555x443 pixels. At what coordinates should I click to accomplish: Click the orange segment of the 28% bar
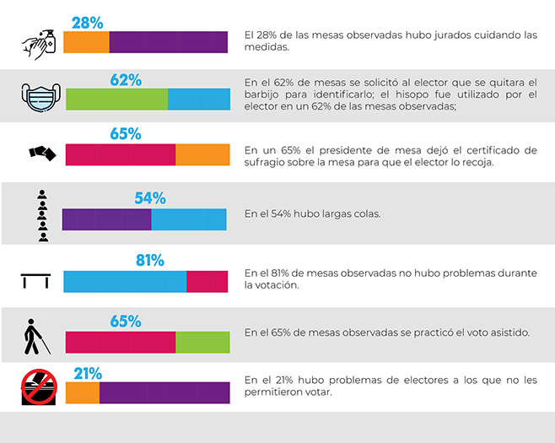pos(88,42)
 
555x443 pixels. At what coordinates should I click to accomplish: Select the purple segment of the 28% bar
pos(169,42)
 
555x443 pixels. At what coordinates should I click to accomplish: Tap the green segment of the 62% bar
pos(116,100)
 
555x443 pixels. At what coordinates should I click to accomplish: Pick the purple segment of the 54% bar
pos(106,219)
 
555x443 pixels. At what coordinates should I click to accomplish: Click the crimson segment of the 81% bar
pos(207,281)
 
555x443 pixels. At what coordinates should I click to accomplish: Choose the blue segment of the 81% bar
pos(125,281)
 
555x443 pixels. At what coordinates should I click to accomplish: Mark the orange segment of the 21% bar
pos(82,393)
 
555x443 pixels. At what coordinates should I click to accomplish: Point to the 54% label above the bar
pos(150,198)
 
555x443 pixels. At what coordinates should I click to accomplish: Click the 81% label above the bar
pos(149,260)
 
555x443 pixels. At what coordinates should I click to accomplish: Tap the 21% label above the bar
pos(88,373)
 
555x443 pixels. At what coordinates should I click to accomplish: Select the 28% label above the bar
pos(87,22)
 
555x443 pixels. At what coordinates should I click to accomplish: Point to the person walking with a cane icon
pos(36,338)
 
